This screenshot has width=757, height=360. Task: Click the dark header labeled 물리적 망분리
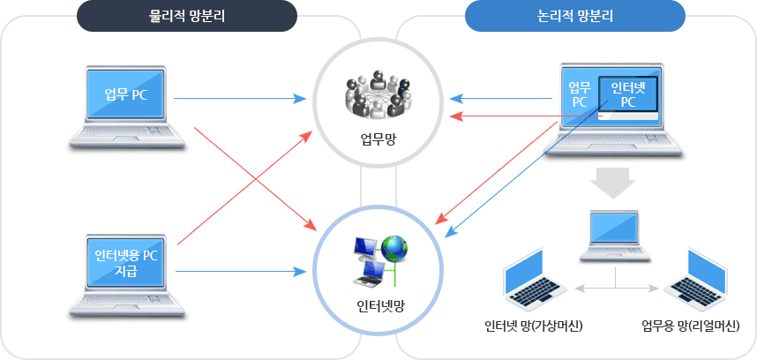tap(187, 16)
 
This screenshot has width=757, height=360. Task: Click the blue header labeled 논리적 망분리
tap(575, 16)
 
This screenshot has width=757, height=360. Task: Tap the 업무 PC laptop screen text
tap(126, 94)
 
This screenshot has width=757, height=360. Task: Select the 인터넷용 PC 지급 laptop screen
tap(126, 264)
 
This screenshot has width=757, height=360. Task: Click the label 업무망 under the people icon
tap(378, 140)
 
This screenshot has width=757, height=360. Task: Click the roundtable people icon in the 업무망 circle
tap(378, 94)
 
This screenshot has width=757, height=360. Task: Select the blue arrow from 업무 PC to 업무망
tap(240, 99)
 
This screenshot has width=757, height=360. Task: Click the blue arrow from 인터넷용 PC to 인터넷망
tap(241, 271)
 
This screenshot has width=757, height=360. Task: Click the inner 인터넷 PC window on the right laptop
tap(627, 95)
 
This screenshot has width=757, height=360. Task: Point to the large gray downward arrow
tap(612, 183)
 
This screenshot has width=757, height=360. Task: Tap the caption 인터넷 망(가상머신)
tap(534, 326)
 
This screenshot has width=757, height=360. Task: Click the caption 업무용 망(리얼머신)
tap(691, 326)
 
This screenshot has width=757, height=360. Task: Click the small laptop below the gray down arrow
tap(615, 236)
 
